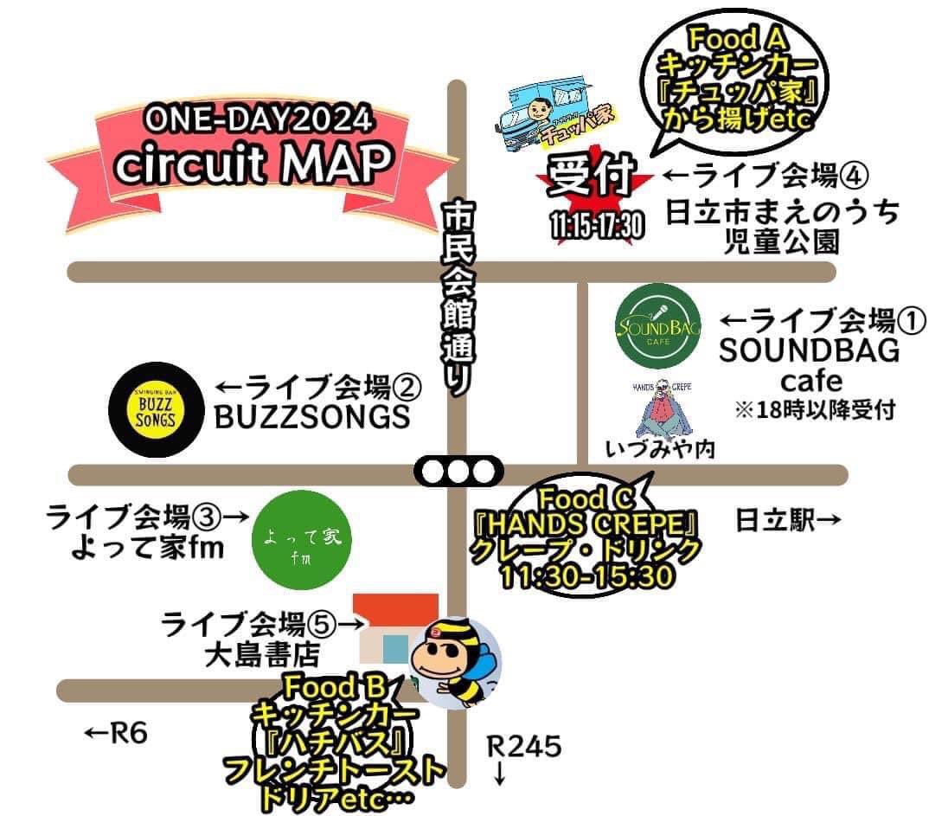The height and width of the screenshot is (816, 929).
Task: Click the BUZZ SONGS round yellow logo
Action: click(x=156, y=408)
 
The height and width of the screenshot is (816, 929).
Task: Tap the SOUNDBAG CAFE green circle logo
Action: click(x=658, y=327)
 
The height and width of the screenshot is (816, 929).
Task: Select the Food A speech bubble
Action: click(x=737, y=82)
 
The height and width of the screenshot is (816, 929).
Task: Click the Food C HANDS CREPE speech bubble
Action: click(x=587, y=537)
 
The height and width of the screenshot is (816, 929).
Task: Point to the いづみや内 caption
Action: click(x=660, y=450)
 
